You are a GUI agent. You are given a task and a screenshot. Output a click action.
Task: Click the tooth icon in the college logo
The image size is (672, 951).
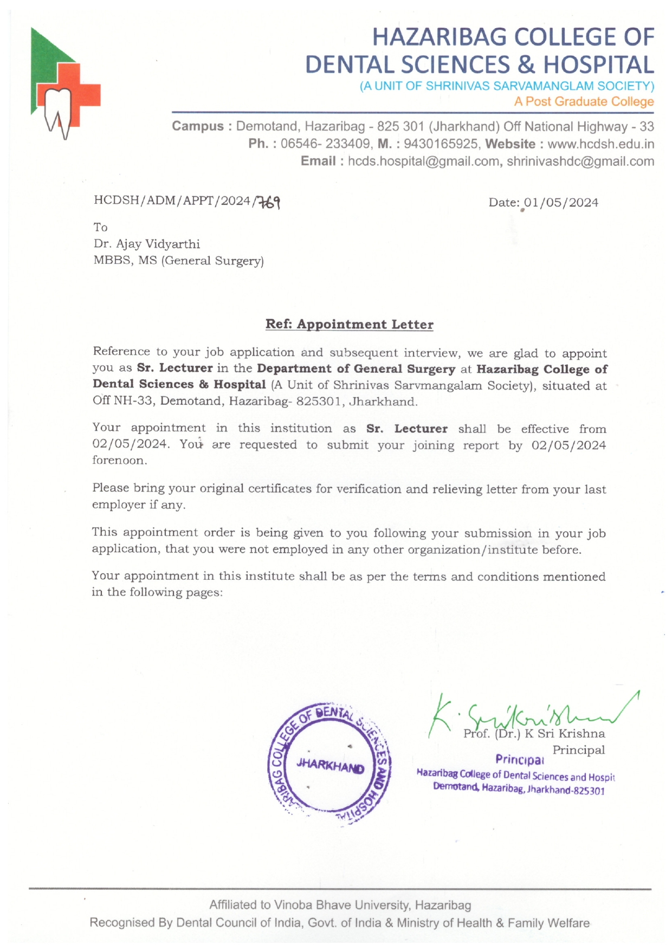coord(57,111)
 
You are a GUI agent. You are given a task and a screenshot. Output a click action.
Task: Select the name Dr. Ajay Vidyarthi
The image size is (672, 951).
coord(147,244)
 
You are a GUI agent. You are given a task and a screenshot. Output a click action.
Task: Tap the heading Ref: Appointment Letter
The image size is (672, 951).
coord(349,324)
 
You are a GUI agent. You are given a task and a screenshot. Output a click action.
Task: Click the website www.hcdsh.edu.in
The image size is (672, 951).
coord(600,144)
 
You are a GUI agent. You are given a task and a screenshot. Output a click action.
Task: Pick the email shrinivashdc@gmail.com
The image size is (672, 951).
coord(580,161)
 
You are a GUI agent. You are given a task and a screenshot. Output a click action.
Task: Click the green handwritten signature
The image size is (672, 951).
coord(520,715)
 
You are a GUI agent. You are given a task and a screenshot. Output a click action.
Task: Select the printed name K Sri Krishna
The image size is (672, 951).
coord(565,734)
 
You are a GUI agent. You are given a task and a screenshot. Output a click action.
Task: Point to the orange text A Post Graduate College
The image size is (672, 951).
coord(584,101)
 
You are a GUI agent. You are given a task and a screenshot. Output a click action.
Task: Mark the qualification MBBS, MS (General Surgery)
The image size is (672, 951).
coord(178,261)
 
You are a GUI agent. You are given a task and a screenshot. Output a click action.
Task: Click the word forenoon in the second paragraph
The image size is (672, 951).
coord(119,461)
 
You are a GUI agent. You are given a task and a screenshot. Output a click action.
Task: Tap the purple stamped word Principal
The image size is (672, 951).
coord(519,759)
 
